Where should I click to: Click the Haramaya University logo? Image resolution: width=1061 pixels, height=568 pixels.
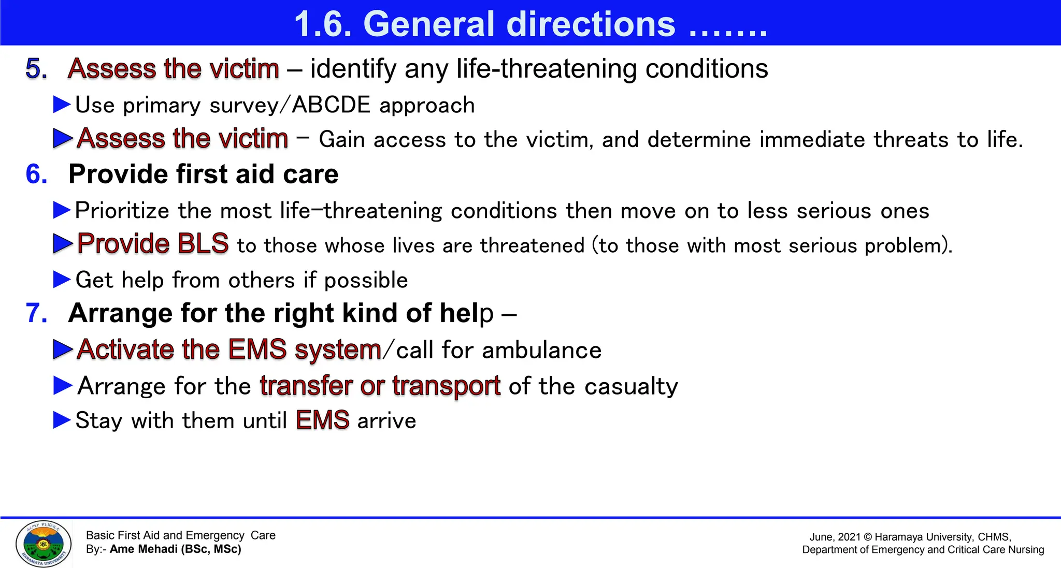pos(44,543)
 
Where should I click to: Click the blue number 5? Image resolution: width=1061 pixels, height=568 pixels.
pos(36,69)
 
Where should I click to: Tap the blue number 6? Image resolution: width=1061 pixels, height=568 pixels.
pos(36,174)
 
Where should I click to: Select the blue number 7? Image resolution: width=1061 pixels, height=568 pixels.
pos(36,313)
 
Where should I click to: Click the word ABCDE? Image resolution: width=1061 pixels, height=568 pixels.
pos(331,105)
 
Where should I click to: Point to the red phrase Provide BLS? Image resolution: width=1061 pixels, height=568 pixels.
pos(153,244)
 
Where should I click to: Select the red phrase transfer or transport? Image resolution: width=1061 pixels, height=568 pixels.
pos(380,386)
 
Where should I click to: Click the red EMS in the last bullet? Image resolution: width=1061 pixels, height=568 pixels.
pos(322,420)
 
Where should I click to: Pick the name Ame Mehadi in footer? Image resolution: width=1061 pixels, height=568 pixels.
pos(144,549)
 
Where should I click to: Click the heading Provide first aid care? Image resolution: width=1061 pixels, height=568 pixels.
pos(203,174)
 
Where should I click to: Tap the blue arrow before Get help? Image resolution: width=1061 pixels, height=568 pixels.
pos(62,280)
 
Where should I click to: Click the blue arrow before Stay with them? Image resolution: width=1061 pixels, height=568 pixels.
pos(62,420)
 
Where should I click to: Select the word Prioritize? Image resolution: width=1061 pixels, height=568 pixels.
pos(122,211)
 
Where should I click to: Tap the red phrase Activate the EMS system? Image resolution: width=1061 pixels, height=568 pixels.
pos(229,349)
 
